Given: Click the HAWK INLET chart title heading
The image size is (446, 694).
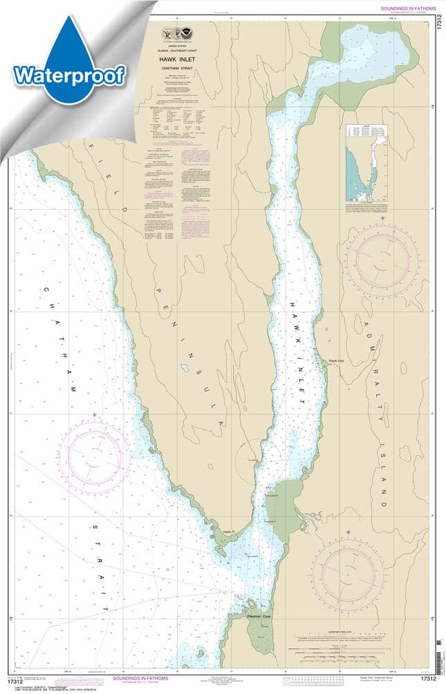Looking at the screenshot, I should coord(185,61).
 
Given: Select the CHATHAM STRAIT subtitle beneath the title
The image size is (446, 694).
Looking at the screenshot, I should coord(185,69).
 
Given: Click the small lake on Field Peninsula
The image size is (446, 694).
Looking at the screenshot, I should coord(185,368).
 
